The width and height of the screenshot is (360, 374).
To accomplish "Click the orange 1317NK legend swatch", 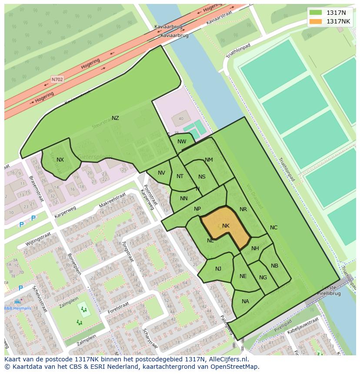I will point(316,21).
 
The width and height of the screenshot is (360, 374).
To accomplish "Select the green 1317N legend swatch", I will point(316,13).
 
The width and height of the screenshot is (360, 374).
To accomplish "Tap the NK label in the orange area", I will point(226,226).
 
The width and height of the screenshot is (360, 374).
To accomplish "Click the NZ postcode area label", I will point(115,118).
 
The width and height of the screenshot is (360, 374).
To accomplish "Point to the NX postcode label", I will point(60,160).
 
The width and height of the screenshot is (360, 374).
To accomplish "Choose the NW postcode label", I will point(182,142).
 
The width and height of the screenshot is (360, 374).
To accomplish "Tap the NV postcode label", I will point(161,173).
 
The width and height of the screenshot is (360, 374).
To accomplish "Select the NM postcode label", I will point(209,160).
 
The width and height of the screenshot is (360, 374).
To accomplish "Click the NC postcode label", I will point(273,228).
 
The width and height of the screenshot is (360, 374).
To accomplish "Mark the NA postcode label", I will point(245,301).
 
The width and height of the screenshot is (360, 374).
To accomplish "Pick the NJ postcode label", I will point(218,269).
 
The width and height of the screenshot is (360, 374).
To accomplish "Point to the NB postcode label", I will point(274,266).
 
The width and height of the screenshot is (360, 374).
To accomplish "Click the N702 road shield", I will point(57,79).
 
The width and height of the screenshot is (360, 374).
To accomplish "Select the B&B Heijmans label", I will point(18,308).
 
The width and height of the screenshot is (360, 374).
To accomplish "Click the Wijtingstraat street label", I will point(38,239).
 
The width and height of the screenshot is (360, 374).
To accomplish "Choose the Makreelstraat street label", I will point(112,199).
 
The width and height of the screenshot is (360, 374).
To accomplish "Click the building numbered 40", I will point(181,119).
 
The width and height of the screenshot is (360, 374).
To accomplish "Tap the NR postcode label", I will point(243,209).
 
